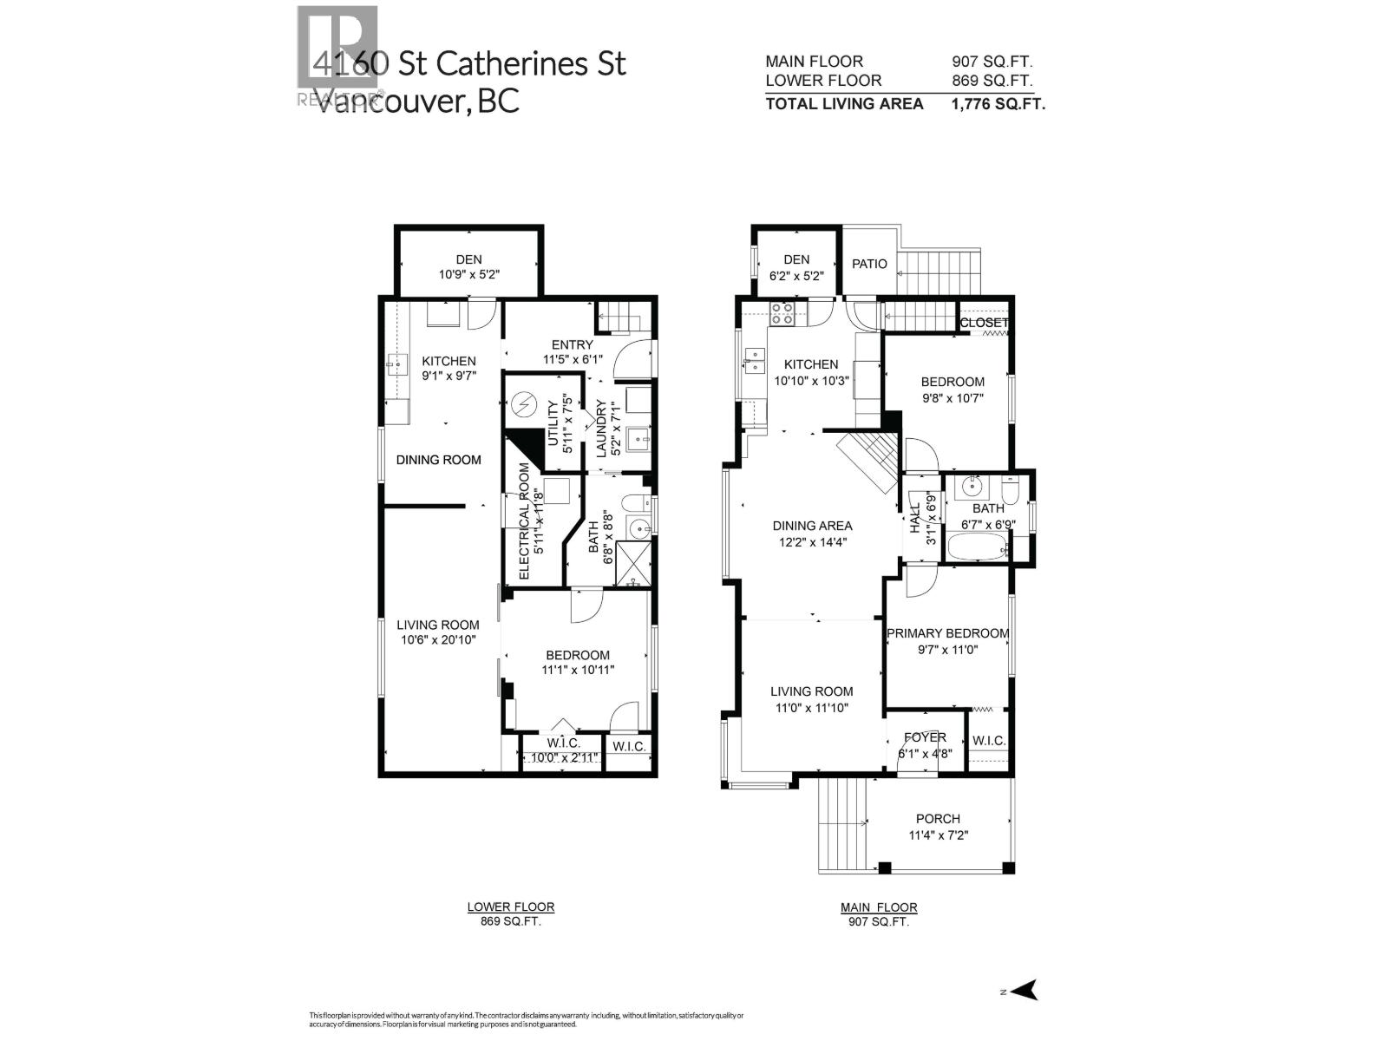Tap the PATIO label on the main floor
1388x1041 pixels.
pos(869,264)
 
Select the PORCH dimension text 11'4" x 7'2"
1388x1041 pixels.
pos(938,835)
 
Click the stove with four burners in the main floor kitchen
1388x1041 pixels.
pos(782,313)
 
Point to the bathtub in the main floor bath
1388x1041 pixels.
pos(977,547)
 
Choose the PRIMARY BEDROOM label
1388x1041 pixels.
pos(947,633)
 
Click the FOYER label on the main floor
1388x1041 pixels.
pos(925,737)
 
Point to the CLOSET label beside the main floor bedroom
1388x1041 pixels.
pos(985,323)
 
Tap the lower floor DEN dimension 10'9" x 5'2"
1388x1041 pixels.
pos(469,275)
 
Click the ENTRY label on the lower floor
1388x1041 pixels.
pos(569,345)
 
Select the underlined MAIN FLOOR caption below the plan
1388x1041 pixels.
pos(878,907)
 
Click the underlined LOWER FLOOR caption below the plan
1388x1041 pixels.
pos(510,907)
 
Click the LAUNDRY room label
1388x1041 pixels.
pos(599,427)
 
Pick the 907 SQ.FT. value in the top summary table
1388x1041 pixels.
pos(992,62)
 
